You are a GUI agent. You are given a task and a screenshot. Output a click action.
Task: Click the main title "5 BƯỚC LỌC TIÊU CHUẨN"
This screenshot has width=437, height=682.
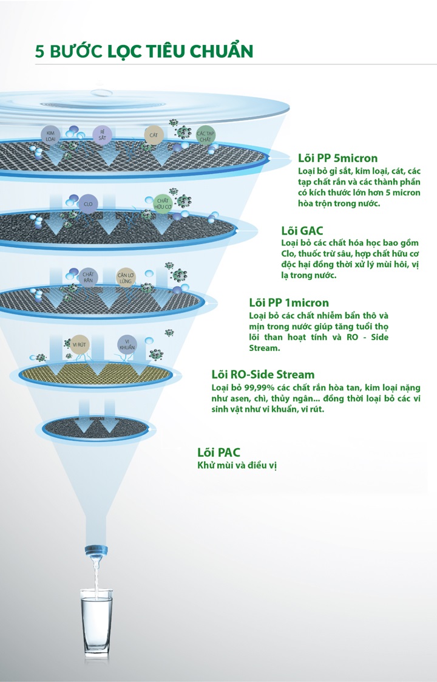(x=144, y=51)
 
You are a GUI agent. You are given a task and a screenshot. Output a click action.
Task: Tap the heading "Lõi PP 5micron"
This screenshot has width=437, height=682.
(x=337, y=158)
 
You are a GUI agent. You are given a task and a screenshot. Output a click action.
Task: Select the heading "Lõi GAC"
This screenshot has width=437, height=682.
(x=302, y=231)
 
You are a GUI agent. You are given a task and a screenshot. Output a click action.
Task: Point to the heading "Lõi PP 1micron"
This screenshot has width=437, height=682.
(x=289, y=302)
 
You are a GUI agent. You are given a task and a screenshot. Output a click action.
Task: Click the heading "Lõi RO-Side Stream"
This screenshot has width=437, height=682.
(x=263, y=375)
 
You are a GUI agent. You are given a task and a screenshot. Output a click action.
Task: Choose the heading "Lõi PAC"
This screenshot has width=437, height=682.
(x=218, y=452)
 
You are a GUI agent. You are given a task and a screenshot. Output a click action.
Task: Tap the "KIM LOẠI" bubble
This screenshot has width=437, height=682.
(x=50, y=135)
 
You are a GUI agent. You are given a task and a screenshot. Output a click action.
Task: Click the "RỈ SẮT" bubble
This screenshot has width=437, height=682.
(x=102, y=135)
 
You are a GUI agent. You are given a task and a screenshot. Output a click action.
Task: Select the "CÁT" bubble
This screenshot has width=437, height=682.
(x=154, y=135)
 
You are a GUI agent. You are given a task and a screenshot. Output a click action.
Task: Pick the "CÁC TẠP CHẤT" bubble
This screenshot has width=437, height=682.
(x=205, y=136)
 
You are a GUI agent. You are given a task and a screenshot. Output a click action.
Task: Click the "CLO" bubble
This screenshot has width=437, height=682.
(x=88, y=204)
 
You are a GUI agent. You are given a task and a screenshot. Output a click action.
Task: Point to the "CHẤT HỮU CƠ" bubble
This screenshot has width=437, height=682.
(x=163, y=203)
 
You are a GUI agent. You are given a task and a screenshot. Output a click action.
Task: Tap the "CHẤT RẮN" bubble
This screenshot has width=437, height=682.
(x=88, y=277)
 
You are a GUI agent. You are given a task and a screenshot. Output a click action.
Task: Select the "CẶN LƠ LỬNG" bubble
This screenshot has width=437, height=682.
(x=126, y=278)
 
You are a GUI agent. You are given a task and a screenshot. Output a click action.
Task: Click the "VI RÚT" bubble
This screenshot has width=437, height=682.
(x=79, y=344)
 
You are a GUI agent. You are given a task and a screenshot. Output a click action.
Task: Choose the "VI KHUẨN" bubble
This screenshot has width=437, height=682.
(x=127, y=344)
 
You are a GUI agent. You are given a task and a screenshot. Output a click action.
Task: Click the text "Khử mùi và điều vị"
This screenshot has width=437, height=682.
(x=237, y=465)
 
